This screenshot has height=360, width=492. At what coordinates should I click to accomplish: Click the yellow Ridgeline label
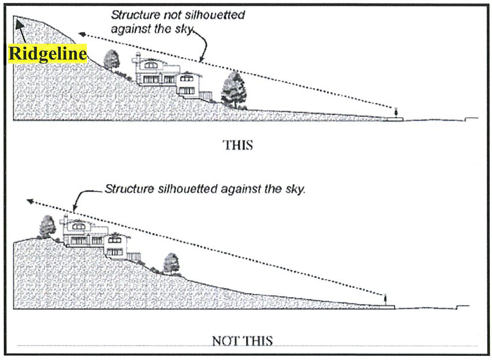click(47, 54)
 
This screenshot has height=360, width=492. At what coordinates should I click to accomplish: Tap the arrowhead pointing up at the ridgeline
click(19, 23)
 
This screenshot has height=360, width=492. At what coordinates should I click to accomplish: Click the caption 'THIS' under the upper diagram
click(238, 144)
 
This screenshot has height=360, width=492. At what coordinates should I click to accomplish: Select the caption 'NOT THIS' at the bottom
click(242, 340)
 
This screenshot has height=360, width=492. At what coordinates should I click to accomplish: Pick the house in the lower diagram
click(96, 237)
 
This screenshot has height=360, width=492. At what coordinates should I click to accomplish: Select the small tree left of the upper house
click(111, 59)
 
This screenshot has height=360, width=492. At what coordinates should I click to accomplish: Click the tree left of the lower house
click(47, 227)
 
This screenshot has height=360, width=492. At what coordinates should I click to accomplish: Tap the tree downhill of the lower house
click(171, 263)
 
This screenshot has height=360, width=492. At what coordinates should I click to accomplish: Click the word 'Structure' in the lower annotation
click(125, 189)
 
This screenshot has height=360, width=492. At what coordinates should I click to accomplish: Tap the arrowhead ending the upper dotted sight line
click(80, 34)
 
